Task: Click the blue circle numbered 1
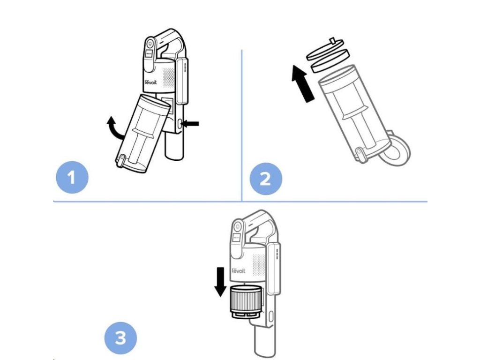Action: pos(72,178)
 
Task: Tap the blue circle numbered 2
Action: pos(265,178)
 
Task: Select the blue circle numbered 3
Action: pos(120,337)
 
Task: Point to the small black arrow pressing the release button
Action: pos(191,124)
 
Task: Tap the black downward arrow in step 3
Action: pos(219,281)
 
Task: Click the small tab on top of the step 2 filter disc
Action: pos(334,41)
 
